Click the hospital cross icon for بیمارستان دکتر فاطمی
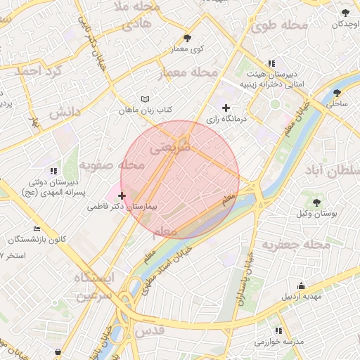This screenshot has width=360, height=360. coord(122,195)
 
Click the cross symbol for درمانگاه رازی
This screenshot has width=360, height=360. coord(226,108)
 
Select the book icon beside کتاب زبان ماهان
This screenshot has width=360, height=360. coord(145,99)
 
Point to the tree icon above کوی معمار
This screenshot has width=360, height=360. coord(187,38)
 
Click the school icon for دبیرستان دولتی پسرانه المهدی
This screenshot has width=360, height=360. coord(53,171)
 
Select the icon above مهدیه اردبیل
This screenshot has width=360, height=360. coord(301,285)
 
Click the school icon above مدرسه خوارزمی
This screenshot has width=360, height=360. coord(279,330)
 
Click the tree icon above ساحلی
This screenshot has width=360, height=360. coord(337,92)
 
